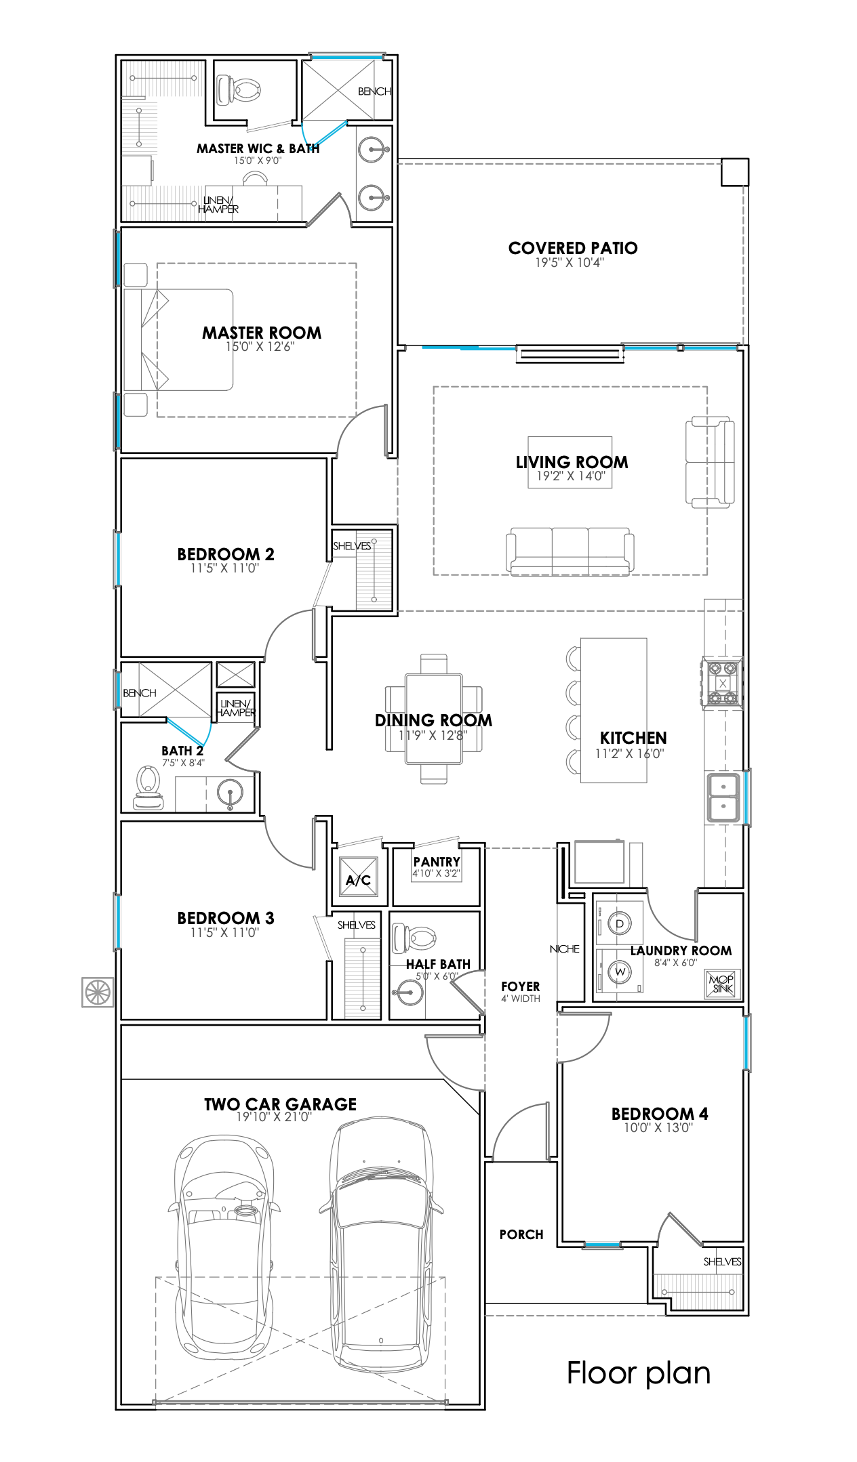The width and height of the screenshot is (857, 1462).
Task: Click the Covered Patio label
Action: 573,248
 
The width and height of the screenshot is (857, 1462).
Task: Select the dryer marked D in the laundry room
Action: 620,923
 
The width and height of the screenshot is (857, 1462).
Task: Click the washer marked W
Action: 620,972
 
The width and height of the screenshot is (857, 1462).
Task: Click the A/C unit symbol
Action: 358,877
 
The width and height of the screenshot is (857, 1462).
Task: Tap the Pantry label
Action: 437,862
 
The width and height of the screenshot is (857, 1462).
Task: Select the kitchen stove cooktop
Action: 723,683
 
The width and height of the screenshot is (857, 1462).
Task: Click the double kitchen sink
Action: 724,797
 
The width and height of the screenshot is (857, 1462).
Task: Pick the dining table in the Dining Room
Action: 434,718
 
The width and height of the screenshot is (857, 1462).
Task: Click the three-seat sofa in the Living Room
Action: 570,551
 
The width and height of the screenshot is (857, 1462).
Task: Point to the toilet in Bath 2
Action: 148,787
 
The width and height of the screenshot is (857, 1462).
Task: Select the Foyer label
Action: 521,986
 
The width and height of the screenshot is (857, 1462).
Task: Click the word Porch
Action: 521,1234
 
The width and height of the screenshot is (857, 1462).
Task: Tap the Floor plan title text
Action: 639,1373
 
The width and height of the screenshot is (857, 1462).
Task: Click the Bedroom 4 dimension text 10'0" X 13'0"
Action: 658,1127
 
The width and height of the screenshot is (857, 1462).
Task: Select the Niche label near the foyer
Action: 565,949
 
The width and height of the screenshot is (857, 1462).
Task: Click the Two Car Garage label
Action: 281,1104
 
